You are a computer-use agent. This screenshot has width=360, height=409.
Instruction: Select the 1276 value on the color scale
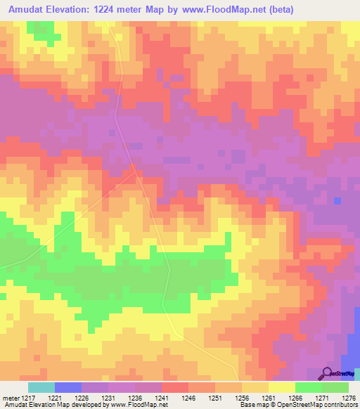349,398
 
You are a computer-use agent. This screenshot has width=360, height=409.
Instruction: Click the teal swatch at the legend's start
41,387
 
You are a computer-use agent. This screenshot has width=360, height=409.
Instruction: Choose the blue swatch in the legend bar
68,387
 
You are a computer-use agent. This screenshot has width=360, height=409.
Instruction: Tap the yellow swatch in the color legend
282,387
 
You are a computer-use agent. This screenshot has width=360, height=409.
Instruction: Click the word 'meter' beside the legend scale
8,398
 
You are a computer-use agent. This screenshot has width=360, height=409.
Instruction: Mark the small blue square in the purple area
338,201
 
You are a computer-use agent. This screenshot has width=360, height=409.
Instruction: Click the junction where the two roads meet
134,169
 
